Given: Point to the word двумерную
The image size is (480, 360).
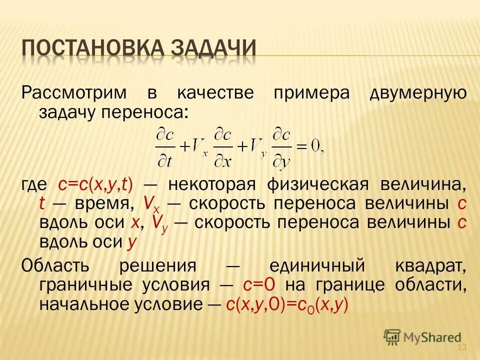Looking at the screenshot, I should pyautogui.click(x=418, y=93).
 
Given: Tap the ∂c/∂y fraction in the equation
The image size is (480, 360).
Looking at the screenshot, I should pyautogui.click(x=283, y=147).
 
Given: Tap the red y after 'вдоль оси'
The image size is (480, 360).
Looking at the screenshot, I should pyautogui.click(x=131, y=242).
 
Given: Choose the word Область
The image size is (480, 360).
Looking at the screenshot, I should pyautogui.click(x=55, y=265).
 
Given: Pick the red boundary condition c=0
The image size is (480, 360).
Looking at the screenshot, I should pyautogui.click(x=259, y=284).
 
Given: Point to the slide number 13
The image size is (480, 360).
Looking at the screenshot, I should pyautogui.click(x=461, y=348).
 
